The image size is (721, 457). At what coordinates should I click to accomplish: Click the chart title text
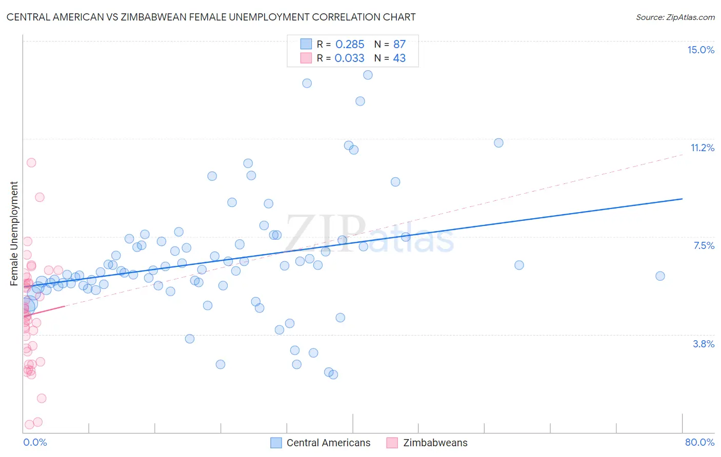(211, 17)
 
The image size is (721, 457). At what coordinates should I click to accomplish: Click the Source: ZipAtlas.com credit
(675, 17)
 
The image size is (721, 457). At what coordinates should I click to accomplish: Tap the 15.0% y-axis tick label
(700, 50)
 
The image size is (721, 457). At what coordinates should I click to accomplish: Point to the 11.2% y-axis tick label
(702, 148)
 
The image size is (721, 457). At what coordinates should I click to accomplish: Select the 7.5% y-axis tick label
(704, 245)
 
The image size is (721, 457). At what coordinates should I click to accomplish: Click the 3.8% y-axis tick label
(704, 344)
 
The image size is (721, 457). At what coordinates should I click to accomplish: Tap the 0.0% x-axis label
(35, 442)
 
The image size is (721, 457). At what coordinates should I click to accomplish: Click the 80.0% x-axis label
(699, 442)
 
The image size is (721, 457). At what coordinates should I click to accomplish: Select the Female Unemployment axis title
(14, 234)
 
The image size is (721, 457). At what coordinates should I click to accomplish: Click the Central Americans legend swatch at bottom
(276, 443)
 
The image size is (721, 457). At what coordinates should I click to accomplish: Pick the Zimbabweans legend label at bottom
(435, 443)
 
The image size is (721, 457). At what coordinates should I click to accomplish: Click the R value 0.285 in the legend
(350, 44)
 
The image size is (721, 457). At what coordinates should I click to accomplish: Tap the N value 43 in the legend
(399, 58)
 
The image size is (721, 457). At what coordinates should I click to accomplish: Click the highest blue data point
(368, 75)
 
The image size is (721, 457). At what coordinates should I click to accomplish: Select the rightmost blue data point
(660, 276)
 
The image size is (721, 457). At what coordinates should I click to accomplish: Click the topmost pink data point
(31, 162)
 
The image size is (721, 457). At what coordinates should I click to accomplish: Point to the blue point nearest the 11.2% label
(498, 143)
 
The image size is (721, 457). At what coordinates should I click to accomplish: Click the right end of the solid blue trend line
(682, 199)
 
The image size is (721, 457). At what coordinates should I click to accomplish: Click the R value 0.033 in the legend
(349, 58)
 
